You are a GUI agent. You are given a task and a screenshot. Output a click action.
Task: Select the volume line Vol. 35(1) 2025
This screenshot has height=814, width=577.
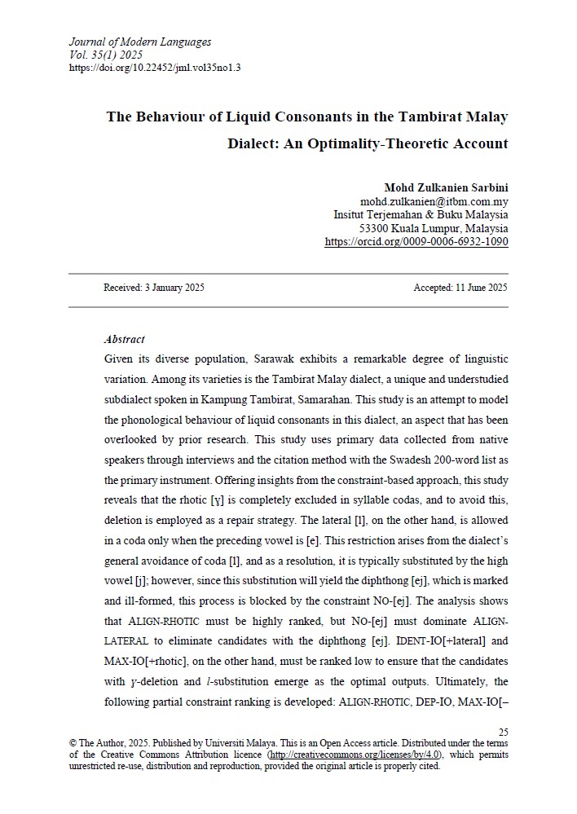click(x=106, y=55)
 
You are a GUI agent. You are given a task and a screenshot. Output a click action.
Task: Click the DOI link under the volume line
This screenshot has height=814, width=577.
click(x=156, y=68)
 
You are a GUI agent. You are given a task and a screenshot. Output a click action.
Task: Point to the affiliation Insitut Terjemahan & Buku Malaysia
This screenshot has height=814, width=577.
click(x=421, y=215)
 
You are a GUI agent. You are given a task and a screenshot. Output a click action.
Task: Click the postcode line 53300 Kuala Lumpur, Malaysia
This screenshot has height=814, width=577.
click(x=434, y=229)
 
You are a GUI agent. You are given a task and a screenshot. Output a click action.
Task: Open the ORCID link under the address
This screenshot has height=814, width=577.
click(x=416, y=242)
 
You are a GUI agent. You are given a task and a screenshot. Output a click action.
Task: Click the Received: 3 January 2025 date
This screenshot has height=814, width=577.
click(x=154, y=288)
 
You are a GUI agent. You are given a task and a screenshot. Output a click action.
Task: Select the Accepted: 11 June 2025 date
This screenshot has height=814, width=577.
click(x=460, y=288)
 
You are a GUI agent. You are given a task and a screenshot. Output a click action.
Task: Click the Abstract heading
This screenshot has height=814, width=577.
click(x=125, y=339)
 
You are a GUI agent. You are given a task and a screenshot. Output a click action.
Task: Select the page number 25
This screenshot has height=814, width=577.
click(x=503, y=733)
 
